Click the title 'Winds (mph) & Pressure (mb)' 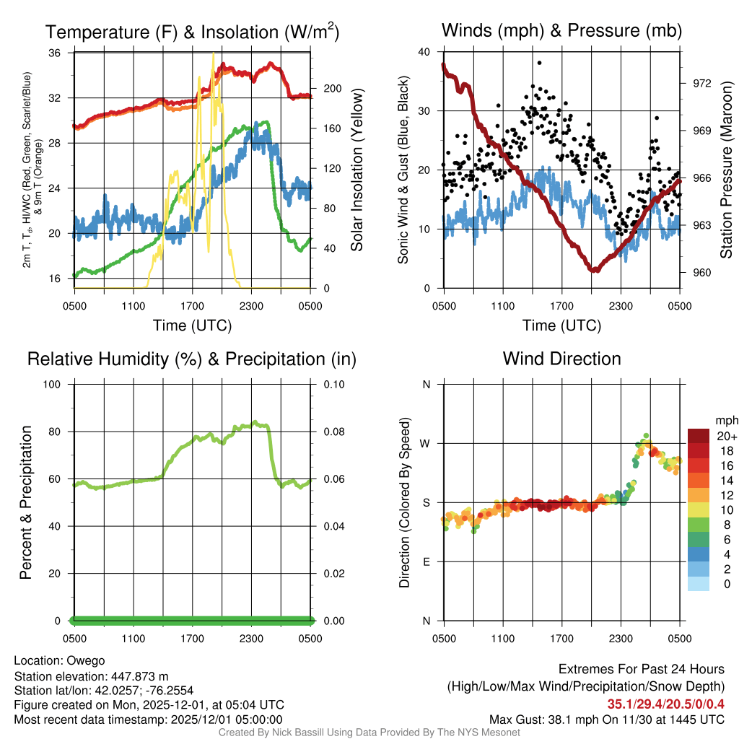click(561, 30)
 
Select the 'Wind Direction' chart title click(561, 359)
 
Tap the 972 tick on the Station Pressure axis click(702, 83)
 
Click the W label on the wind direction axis click(426, 443)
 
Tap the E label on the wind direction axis click(427, 561)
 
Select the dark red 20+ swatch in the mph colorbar click(698, 437)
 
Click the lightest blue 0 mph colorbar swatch click(698, 584)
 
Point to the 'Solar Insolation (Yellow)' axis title click(357, 170)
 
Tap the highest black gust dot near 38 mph click(539, 63)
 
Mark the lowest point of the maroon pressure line click(594, 271)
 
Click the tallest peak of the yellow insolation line click(213, 54)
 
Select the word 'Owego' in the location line click(86, 660)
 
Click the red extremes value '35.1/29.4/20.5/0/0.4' click(665, 704)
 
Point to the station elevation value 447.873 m click(140, 675)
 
